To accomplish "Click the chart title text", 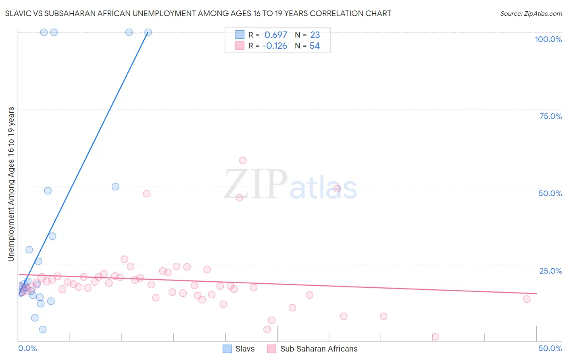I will pyautogui.click(x=198, y=14).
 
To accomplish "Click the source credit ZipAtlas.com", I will pyautogui.click(x=531, y=14).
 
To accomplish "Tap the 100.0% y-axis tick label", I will pyautogui.click(x=548, y=39).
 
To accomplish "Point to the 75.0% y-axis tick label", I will pyautogui.click(x=550, y=116).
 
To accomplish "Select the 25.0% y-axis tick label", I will pyautogui.click(x=550, y=271).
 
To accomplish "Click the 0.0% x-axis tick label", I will pyautogui.click(x=27, y=348).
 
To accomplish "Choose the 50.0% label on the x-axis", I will pyautogui.click(x=550, y=348).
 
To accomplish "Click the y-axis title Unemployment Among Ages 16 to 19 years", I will pyautogui.click(x=11, y=184).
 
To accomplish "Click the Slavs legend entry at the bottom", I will pyautogui.click(x=239, y=349).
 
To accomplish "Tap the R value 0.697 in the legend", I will pyautogui.click(x=276, y=35).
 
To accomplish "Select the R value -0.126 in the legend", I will pyautogui.click(x=275, y=46).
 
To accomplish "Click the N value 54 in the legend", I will pyautogui.click(x=315, y=46).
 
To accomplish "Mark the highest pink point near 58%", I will pyautogui.click(x=243, y=161).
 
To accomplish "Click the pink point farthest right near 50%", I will pyautogui.click(x=527, y=299).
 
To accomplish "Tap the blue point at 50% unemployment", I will pyautogui.click(x=115, y=187).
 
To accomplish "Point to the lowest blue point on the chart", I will pyautogui.click(x=43, y=329).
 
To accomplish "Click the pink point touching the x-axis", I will pyautogui.click(x=436, y=337).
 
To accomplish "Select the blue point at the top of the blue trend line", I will pyautogui.click(x=148, y=32).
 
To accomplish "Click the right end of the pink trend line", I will pyautogui.click(x=537, y=293).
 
